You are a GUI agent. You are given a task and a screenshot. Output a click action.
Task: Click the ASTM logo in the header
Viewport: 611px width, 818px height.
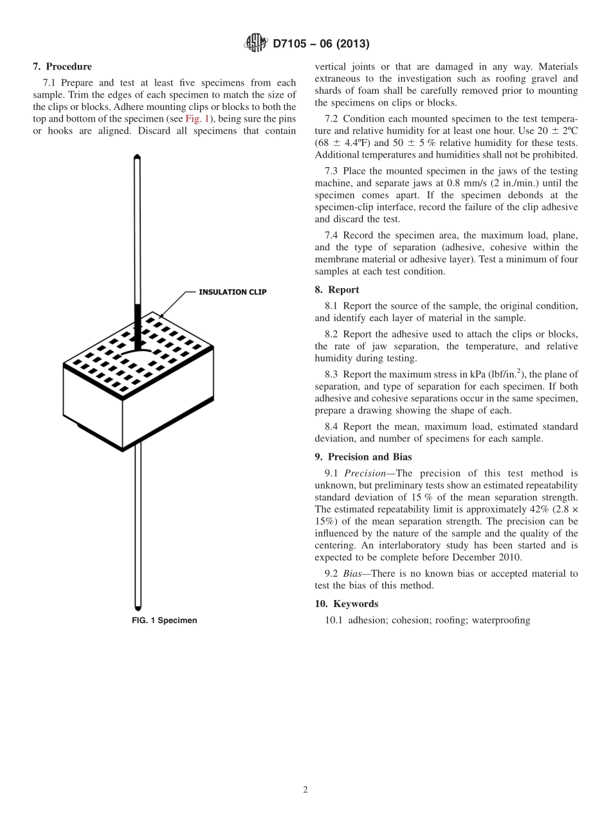click(256, 44)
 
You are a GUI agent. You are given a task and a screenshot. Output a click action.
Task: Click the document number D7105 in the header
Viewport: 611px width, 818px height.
click(293, 44)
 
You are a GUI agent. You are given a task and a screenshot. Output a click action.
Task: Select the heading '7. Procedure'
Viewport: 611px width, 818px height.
click(62, 66)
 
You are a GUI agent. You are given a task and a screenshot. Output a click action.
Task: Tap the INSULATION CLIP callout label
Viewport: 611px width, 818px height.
click(232, 292)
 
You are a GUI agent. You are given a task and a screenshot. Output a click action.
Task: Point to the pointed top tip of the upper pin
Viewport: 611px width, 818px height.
click(137, 156)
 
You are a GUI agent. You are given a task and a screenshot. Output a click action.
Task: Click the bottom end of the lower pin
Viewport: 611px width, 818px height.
click(138, 606)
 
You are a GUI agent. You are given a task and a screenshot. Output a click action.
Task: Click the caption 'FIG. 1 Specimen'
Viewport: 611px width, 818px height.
click(165, 621)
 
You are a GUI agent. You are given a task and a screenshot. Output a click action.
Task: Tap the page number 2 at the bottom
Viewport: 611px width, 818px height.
click(305, 790)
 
